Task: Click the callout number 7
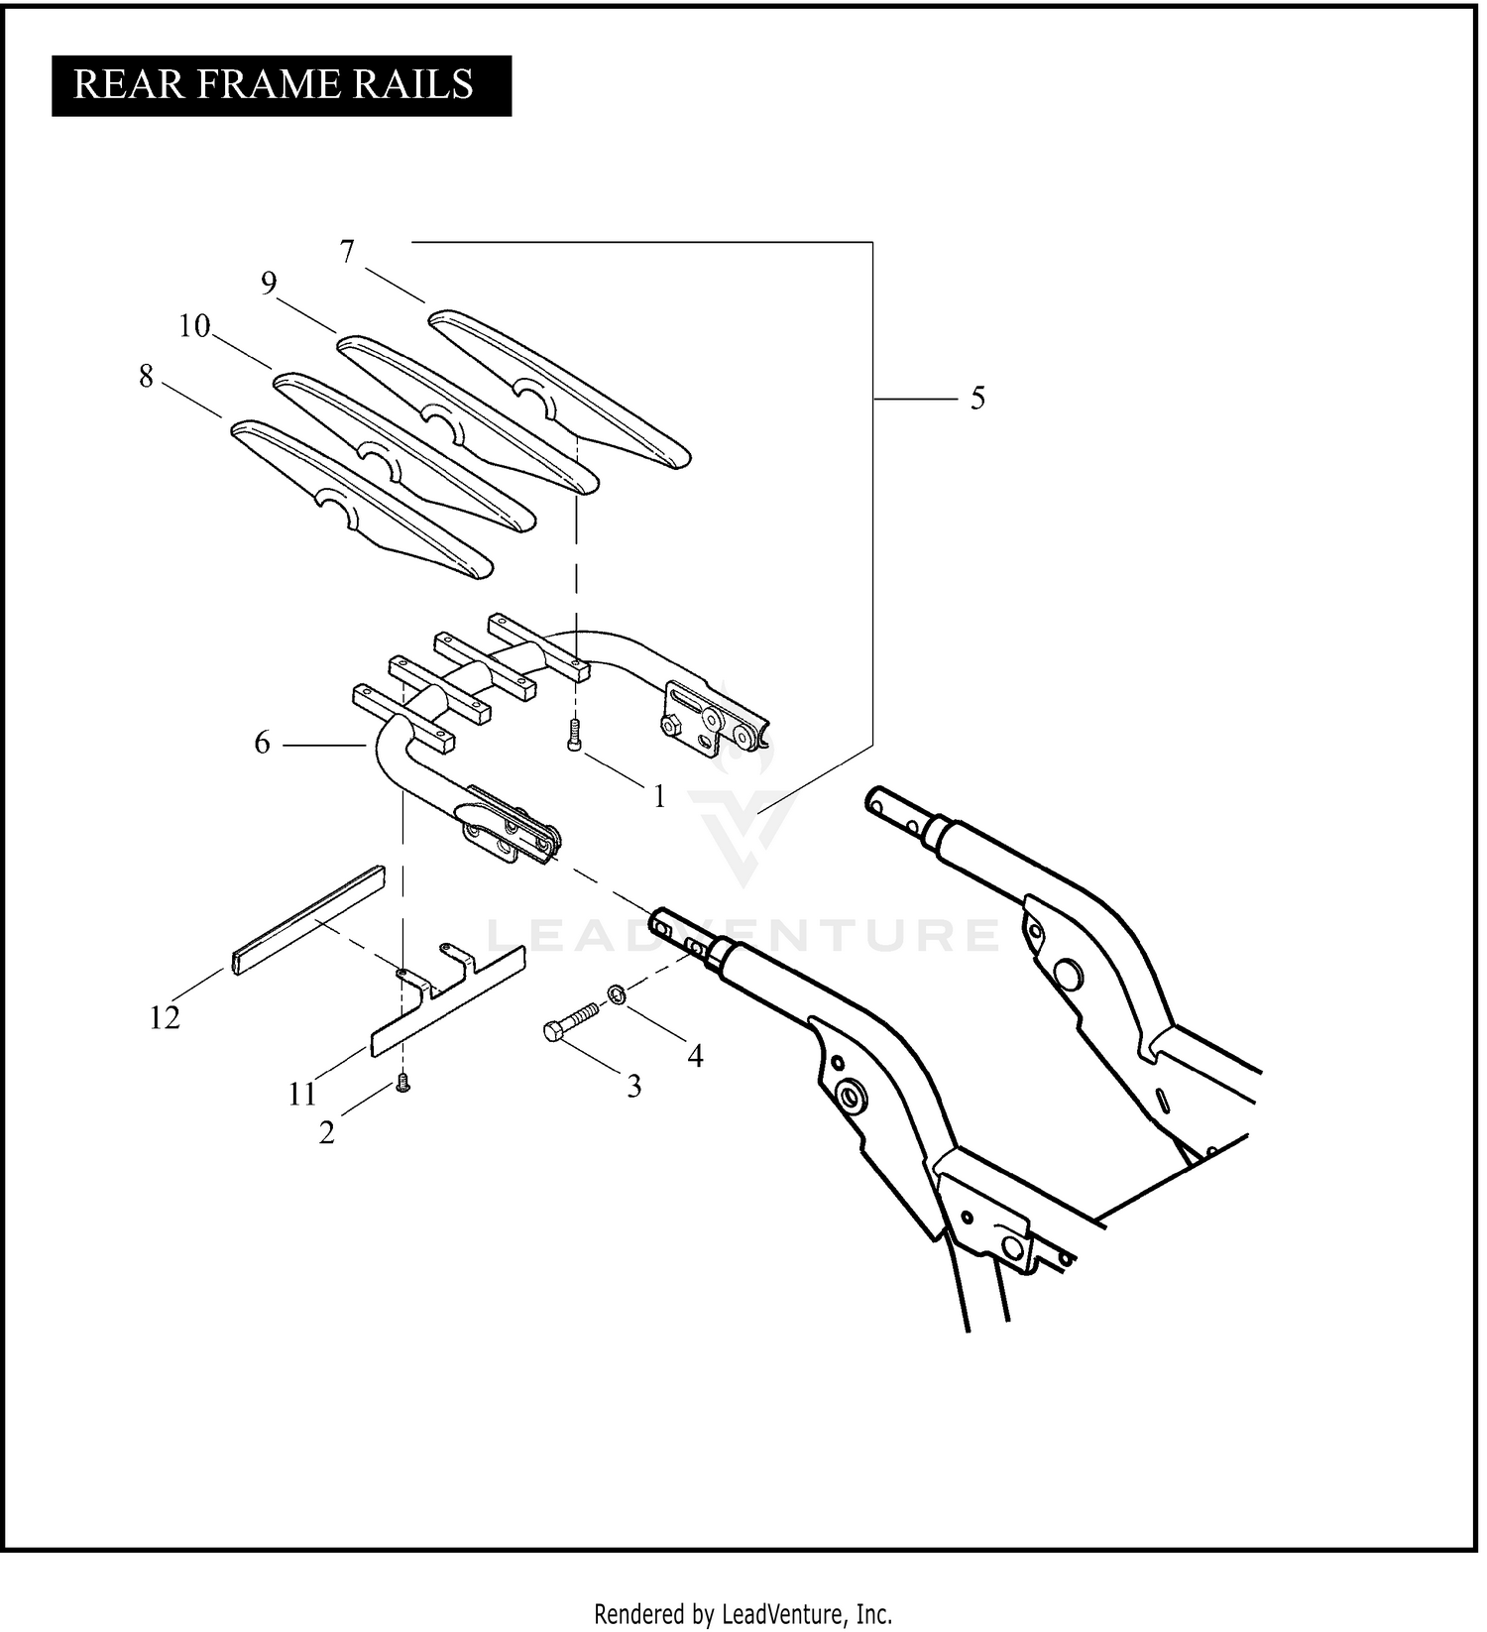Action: tap(347, 253)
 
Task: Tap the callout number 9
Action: tap(269, 285)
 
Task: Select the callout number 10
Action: tap(194, 325)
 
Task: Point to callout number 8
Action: tap(147, 377)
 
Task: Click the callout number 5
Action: tap(977, 399)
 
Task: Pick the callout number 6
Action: tap(262, 743)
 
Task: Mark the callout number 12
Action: tap(165, 1017)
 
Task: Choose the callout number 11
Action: tap(302, 1094)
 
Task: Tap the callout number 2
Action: tap(327, 1132)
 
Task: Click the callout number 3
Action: tap(634, 1087)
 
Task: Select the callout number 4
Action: tap(696, 1057)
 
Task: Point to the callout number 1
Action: tap(659, 796)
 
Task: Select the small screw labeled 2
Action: tap(402, 1085)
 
